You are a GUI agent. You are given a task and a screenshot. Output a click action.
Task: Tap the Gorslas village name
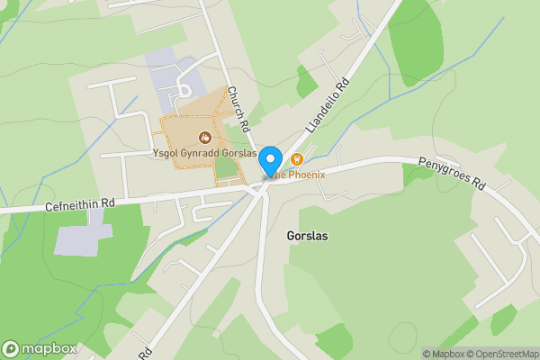[x=307, y=236]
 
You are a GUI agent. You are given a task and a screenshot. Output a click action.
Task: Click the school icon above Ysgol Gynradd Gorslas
[x=206, y=138]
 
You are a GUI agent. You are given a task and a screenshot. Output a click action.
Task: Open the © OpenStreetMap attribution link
[x=499, y=354]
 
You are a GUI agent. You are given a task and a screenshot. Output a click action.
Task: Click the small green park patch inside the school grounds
[x=226, y=166]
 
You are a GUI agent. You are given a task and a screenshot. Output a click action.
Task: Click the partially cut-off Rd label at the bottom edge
[x=144, y=350]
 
